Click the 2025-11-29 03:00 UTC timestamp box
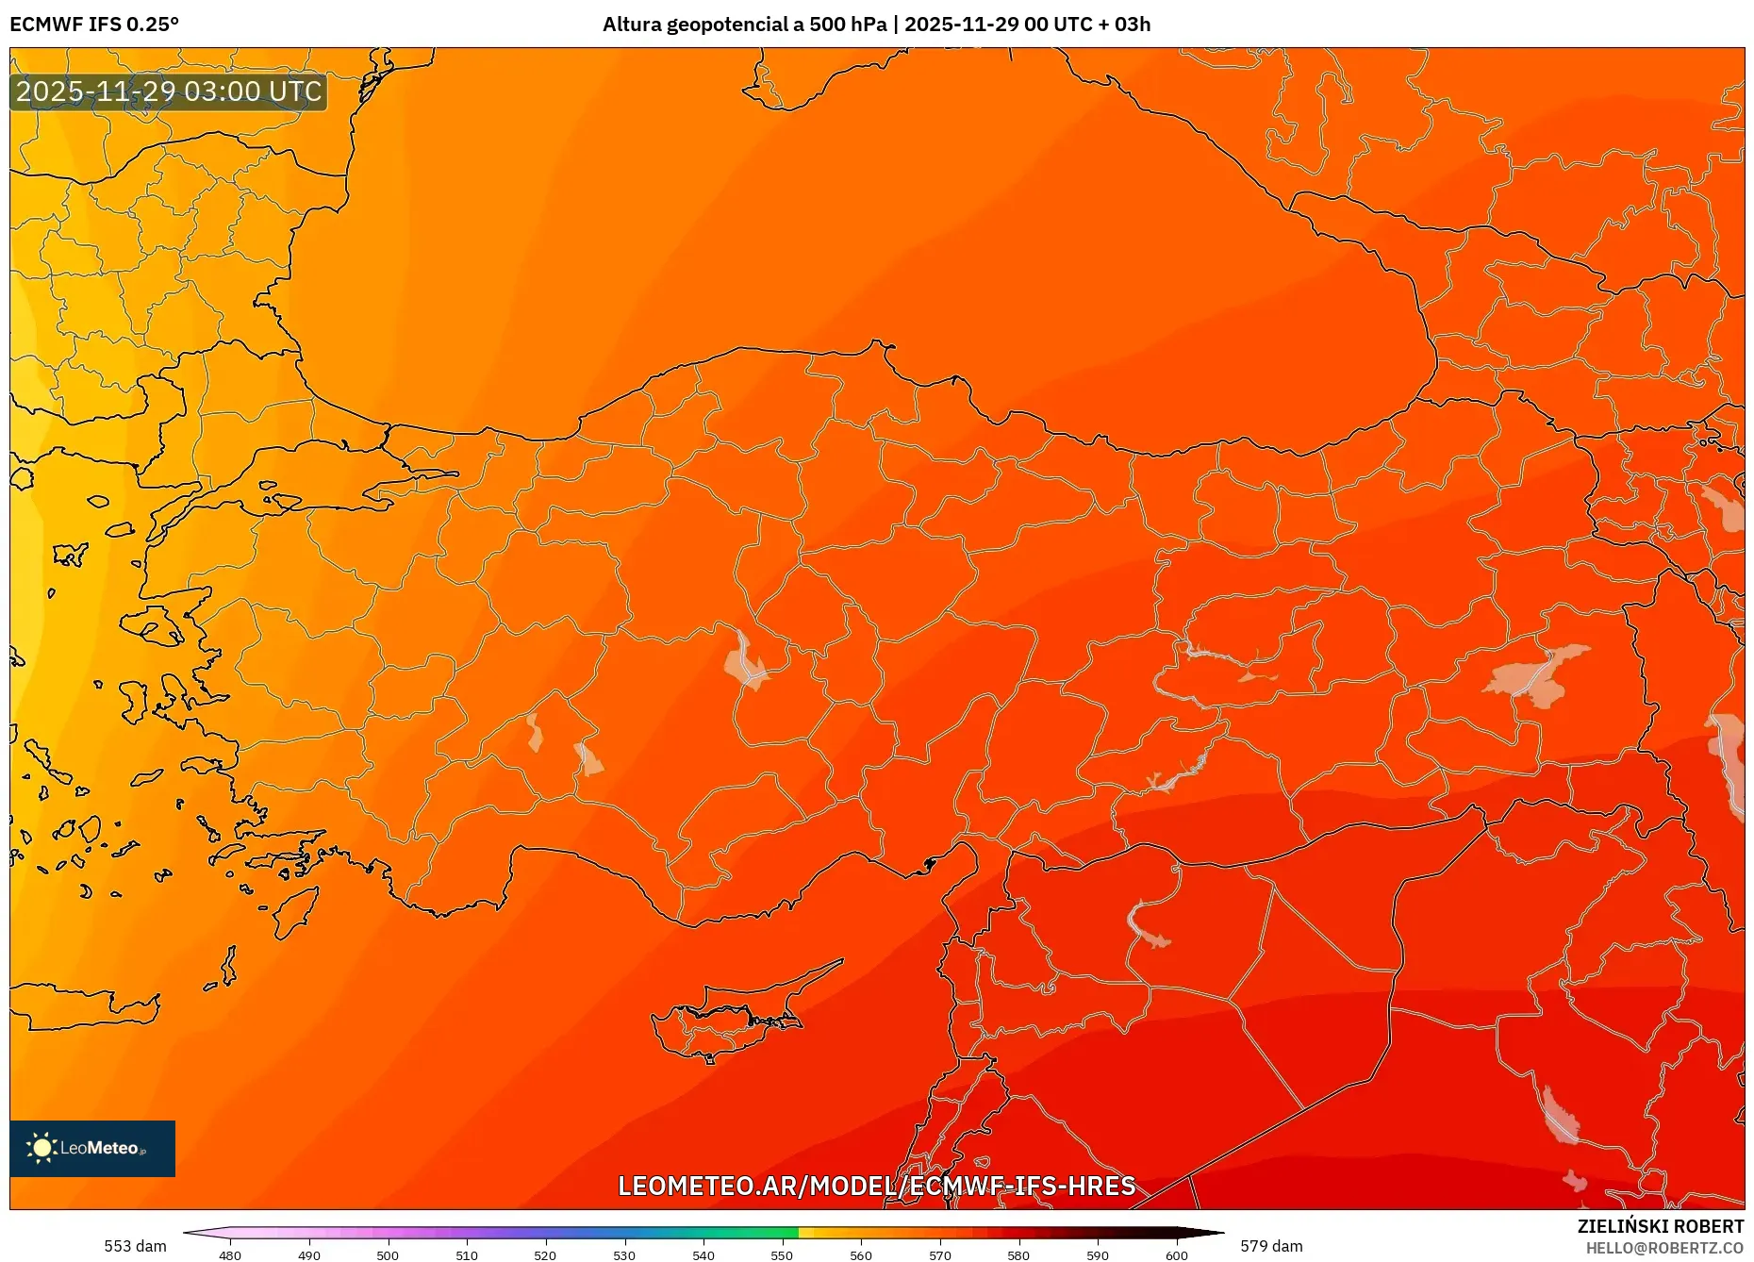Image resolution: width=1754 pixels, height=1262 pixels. (x=169, y=91)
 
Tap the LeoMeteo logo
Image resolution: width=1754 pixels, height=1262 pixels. (x=92, y=1148)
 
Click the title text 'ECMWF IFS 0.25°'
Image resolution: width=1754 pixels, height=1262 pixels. (x=94, y=25)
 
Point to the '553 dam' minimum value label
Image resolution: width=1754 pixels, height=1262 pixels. (x=135, y=1246)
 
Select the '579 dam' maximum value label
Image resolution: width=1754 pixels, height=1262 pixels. (x=1271, y=1246)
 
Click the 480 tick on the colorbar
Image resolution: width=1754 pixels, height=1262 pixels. (x=230, y=1254)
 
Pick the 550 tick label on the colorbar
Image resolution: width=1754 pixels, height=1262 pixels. (x=782, y=1255)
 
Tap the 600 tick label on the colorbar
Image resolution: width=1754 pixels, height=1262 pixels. (x=1176, y=1255)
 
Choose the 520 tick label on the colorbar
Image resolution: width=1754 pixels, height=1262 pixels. (x=545, y=1255)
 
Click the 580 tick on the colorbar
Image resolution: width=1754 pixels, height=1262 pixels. (x=1018, y=1254)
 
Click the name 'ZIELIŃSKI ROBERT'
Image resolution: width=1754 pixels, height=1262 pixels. (x=1660, y=1226)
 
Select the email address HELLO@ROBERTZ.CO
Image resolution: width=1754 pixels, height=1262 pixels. (x=1664, y=1248)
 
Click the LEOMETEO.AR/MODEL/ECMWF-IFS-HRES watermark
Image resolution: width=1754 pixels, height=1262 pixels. (x=876, y=1186)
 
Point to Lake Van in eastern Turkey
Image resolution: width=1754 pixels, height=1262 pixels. (x=1537, y=674)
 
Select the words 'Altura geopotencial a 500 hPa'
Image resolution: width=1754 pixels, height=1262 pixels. (x=745, y=25)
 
